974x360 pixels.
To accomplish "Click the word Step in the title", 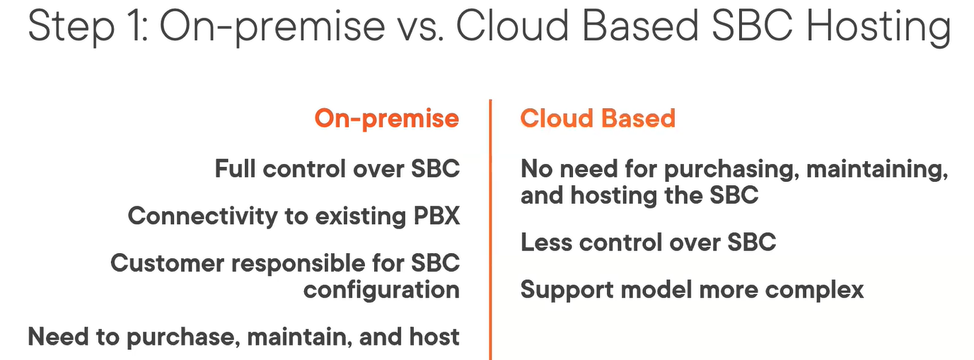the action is coord(71,27).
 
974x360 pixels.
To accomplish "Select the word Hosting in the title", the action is coord(879,27).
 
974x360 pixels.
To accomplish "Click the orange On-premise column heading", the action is coord(386,119).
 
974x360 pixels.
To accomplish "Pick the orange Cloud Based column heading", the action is coord(598,118).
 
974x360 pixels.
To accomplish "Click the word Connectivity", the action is coord(202,216).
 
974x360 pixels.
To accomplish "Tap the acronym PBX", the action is coord(436,216).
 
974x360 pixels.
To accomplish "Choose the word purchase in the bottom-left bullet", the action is coord(183,337).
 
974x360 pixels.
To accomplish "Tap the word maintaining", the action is coord(878,169).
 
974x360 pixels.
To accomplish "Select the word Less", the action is coord(546,242).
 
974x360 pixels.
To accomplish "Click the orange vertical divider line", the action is coord(490,230).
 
